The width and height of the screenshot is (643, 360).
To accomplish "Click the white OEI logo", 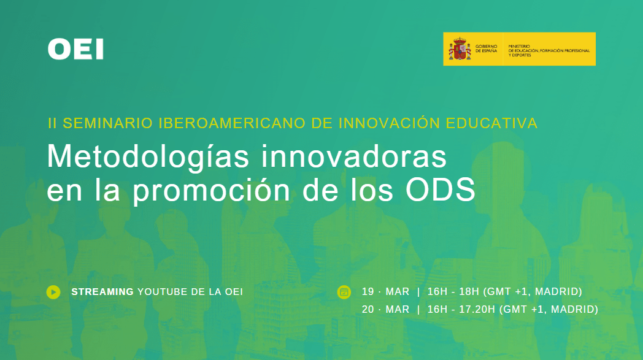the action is [x=75, y=49].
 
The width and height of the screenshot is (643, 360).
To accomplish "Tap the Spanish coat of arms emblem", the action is [x=460, y=49].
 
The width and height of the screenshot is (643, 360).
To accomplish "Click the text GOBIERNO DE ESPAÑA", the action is [x=487, y=49].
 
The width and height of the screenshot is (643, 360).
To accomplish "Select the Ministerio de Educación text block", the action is [x=549, y=50].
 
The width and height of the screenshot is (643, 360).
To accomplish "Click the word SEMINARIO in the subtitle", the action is [x=108, y=123].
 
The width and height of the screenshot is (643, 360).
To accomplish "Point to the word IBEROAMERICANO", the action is [x=233, y=123].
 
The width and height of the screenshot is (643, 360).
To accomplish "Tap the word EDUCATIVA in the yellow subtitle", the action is [x=491, y=123].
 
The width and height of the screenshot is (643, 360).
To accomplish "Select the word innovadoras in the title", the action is [x=354, y=156].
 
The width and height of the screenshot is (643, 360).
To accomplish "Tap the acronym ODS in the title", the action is [x=441, y=190].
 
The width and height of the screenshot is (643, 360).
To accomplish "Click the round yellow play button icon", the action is [x=53, y=292].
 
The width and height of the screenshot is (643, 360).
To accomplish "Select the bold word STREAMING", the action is [x=102, y=292].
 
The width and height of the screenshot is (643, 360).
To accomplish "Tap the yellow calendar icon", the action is [x=344, y=292].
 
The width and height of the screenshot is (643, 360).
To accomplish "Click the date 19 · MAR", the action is [x=385, y=291].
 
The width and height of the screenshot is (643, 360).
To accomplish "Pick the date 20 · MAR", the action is [x=385, y=309].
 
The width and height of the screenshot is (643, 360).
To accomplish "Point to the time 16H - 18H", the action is [x=453, y=291].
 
